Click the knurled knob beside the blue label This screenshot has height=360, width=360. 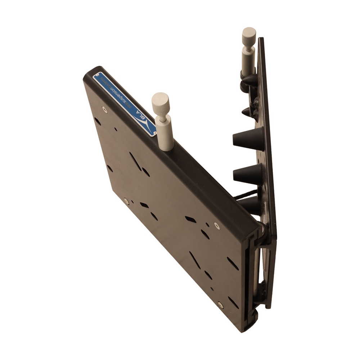pos(160,103)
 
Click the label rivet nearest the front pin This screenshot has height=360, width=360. pos(153,134)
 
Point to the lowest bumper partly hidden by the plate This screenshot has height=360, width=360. pos(250,205)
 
